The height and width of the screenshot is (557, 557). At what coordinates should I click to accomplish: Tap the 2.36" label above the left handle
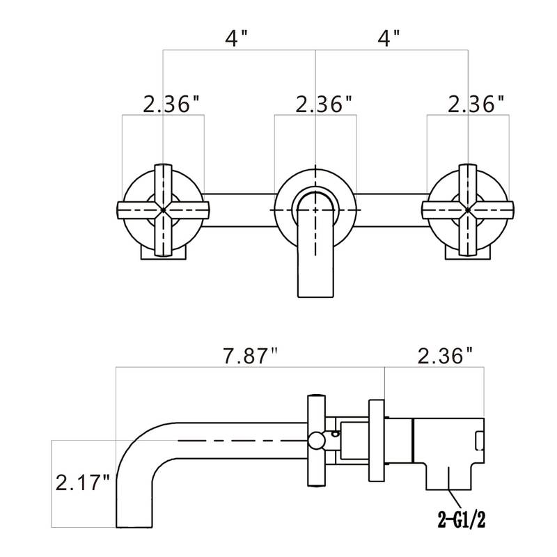click(172, 104)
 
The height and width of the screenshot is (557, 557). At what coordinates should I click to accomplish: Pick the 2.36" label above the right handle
click(476, 104)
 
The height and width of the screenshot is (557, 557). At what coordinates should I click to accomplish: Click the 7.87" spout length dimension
click(250, 356)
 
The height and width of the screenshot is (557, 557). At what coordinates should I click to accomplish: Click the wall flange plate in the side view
click(376, 440)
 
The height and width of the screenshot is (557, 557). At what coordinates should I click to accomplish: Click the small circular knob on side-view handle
click(317, 440)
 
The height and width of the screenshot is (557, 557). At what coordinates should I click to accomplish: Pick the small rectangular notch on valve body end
click(479, 441)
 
